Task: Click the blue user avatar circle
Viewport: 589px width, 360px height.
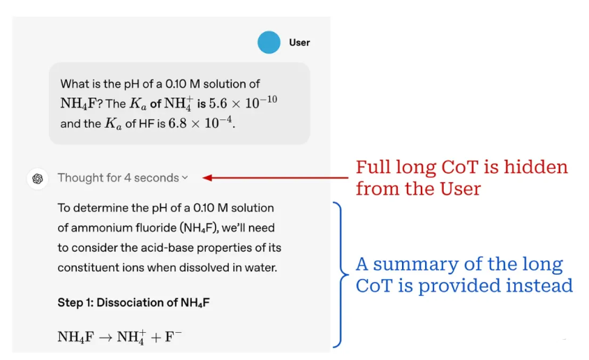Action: coord(269,43)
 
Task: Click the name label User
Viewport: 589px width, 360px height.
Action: coord(299,43)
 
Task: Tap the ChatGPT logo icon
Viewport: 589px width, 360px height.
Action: coord(38,179)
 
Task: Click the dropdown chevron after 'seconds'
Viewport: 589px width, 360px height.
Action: coord(185,178)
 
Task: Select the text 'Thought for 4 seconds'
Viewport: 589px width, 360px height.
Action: coord(118,178)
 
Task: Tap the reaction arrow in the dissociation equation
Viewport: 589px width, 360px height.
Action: coord(105,336)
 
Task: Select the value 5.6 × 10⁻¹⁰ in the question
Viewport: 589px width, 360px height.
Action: coord(241,103)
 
